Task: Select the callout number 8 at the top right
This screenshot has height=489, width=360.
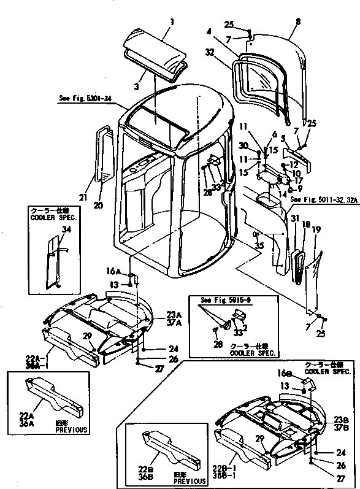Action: (298, 21)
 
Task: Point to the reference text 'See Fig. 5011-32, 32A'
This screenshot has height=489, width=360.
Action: (324, 199)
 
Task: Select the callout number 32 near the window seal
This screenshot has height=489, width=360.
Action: (210, 53)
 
